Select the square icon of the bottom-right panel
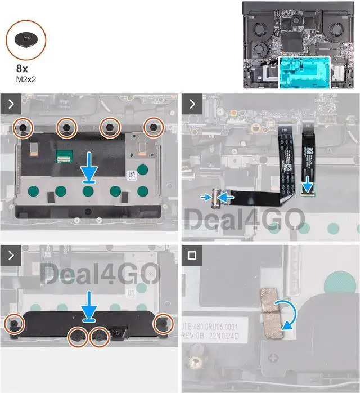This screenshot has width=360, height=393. (x=192, y=254)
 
